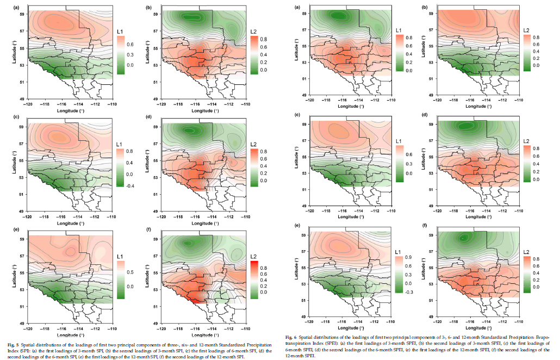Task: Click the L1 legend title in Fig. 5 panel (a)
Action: click(x=121, y=33)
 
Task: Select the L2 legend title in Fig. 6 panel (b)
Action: click(x=527, y=30)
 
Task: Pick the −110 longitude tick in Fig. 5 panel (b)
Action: click(x=245, y=103)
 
